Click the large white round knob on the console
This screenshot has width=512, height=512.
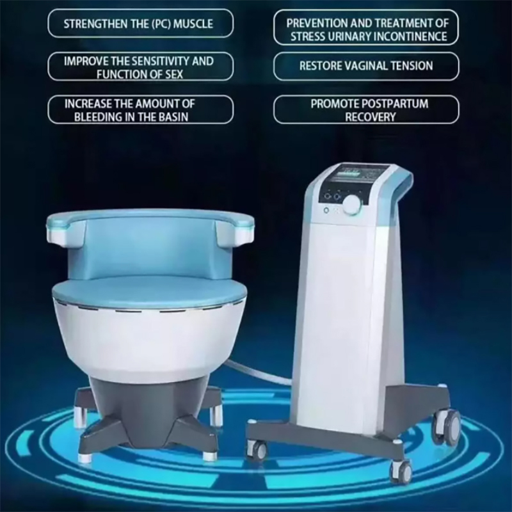tap(352, 204)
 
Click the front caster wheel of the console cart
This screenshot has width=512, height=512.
tap(400, 470)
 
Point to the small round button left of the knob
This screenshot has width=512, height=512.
tap(326, 210)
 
